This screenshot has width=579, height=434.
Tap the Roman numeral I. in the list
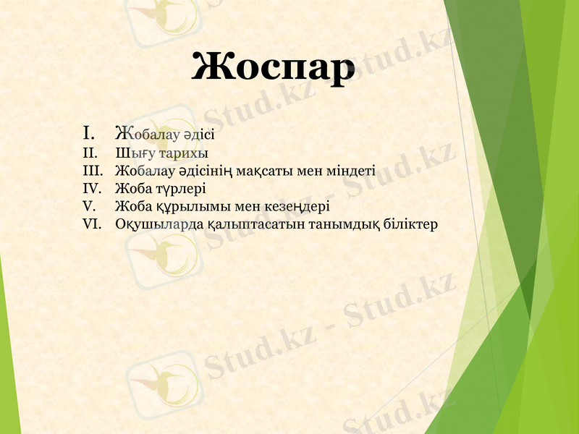[90, 133]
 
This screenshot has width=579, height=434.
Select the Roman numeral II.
[90, 153]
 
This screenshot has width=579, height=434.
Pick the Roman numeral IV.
[92, 189]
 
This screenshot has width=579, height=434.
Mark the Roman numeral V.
[89, 206]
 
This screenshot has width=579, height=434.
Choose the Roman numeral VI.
[92, 224]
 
